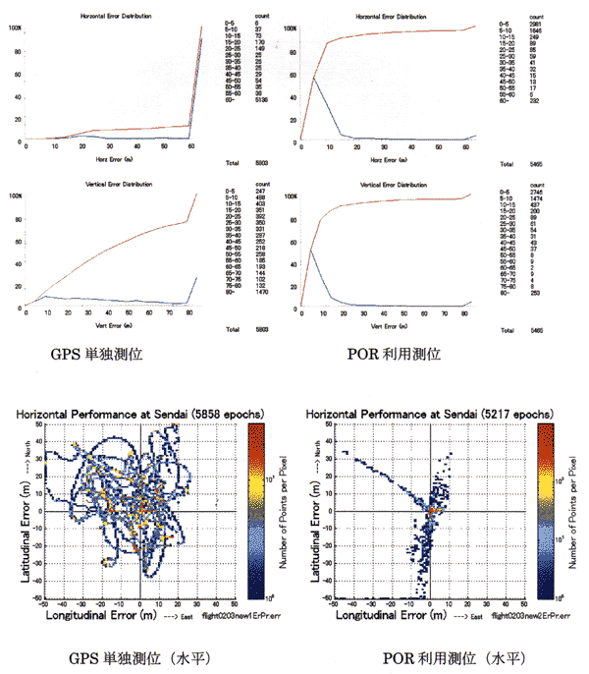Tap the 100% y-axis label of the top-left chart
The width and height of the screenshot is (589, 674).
(14, 27)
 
